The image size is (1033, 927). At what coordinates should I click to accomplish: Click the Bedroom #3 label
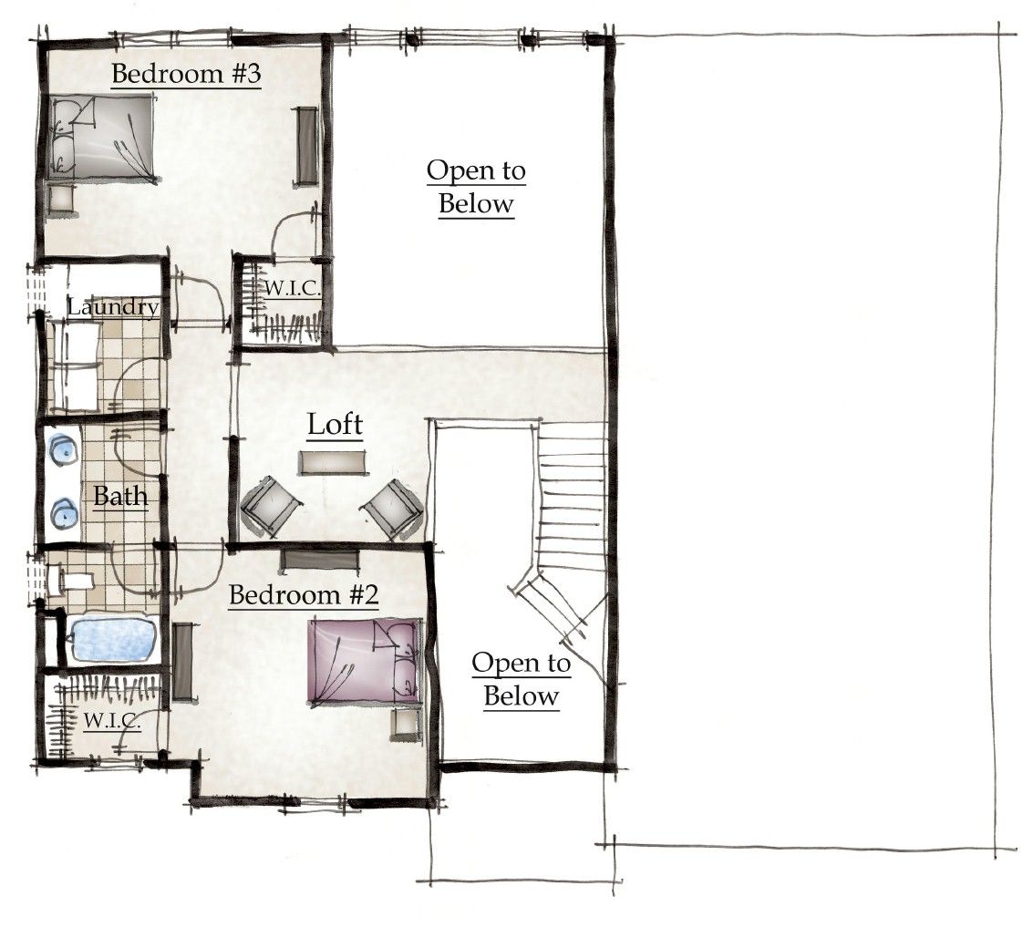point(186,74)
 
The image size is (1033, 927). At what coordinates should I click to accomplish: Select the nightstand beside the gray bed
point(62,199)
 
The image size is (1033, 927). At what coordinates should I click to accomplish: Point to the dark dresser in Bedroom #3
point(306,147)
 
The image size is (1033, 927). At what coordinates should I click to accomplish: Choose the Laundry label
point(112,307)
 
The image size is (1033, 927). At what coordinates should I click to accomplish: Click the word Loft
point(335,425)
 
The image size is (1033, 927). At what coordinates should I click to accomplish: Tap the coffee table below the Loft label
point(335,462)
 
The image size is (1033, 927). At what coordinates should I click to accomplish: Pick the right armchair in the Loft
point(392,507)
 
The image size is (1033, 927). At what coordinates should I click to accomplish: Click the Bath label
point(120,498)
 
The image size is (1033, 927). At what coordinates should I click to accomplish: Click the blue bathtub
point(115,640)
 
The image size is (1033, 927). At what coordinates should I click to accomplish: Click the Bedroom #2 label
point(303,595)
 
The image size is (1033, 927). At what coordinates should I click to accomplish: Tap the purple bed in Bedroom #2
point(365,661)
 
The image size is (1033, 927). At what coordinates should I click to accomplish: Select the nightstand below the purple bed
point(405,725)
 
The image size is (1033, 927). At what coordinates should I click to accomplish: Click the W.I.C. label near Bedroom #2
point(112,721)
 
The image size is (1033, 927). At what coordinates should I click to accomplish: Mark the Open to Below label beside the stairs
point(521,680)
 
